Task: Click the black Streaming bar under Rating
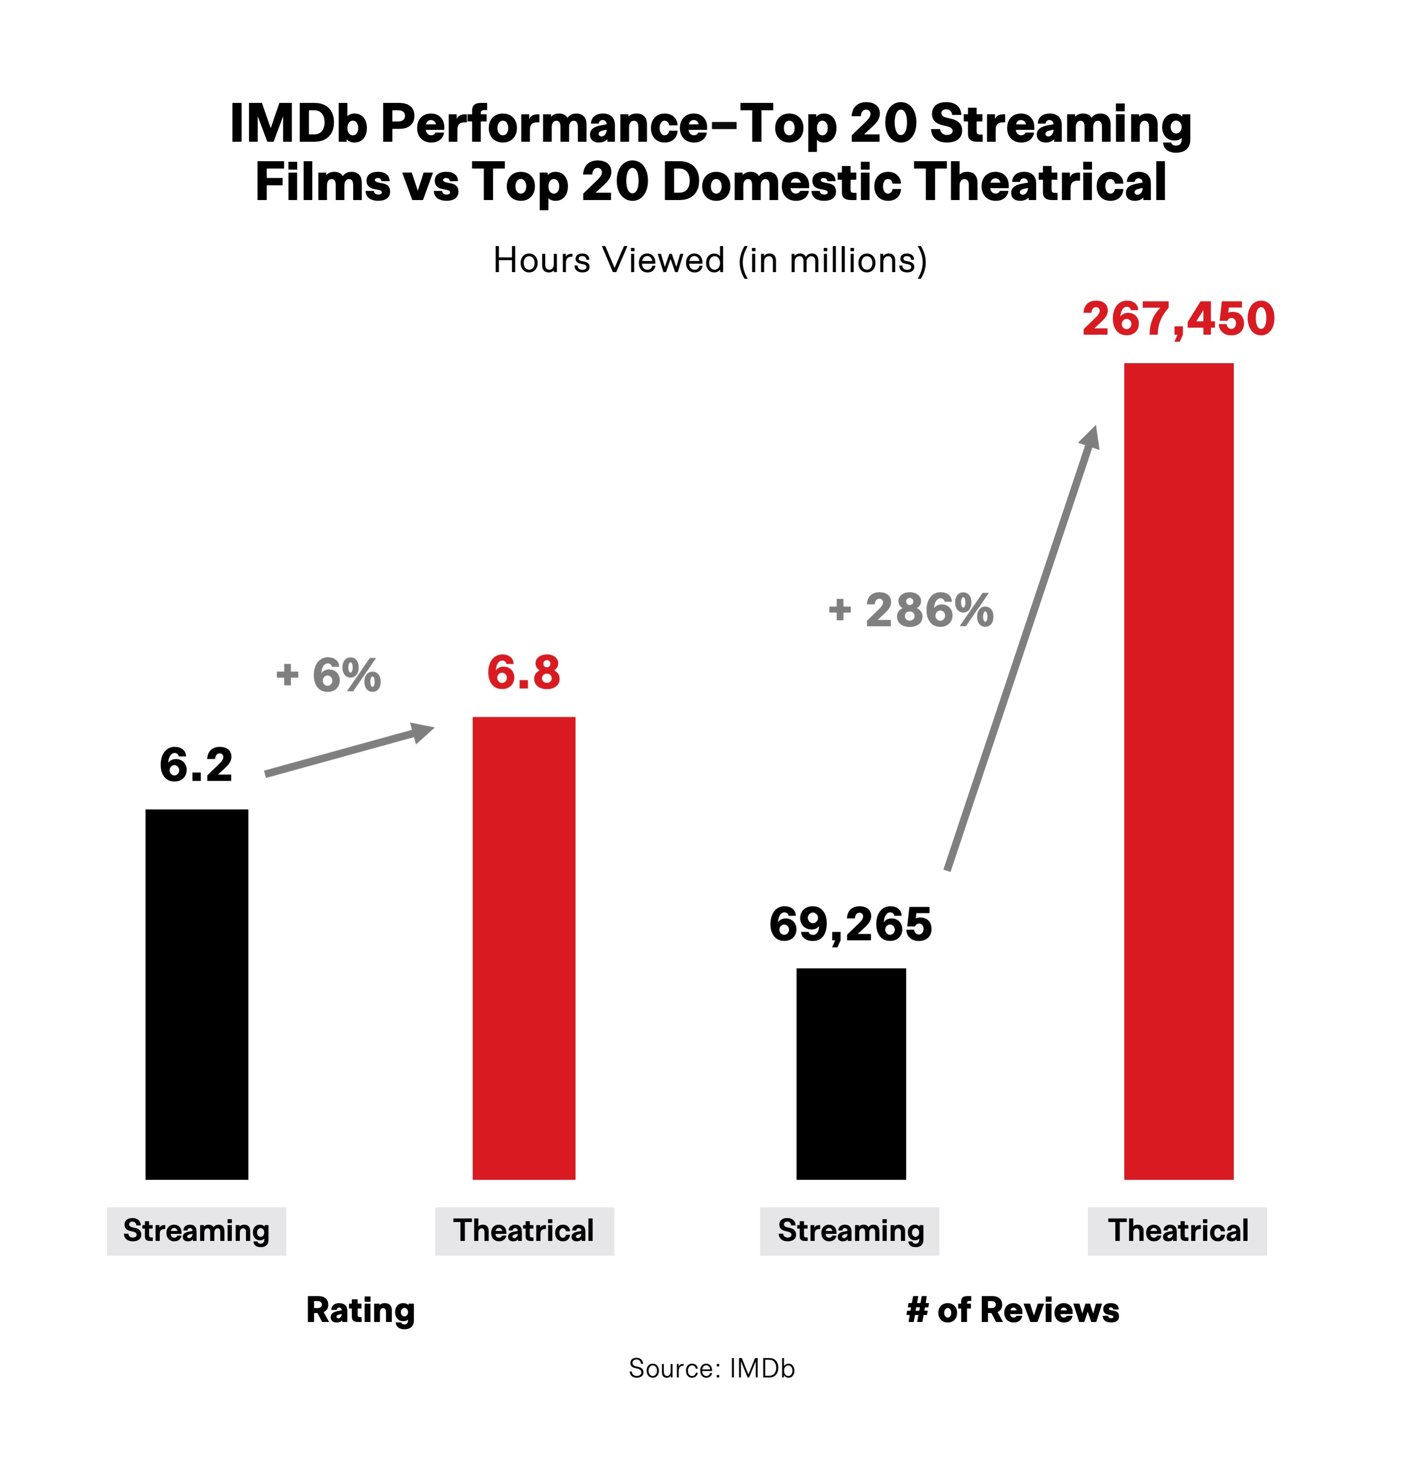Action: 196,994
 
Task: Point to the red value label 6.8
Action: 523,673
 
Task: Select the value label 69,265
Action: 851,924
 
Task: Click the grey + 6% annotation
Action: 329,675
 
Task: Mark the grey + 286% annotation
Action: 912,611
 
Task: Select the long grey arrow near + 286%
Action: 1022,648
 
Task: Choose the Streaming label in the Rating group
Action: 196,1231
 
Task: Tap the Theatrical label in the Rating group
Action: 524,1231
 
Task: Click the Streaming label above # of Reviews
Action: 850,1231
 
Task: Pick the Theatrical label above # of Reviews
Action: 1177,1231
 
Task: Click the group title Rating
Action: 360,1311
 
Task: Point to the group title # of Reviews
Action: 1012,1311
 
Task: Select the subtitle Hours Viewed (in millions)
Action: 710,261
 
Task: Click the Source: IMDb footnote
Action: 711,1368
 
